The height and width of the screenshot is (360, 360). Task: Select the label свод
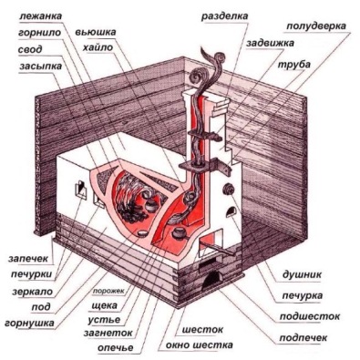click(28, 48)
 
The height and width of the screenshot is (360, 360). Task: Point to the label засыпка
click(33, 65)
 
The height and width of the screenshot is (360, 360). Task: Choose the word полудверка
click(314, 26)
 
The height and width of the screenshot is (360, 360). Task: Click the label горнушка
click(28, 322)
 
